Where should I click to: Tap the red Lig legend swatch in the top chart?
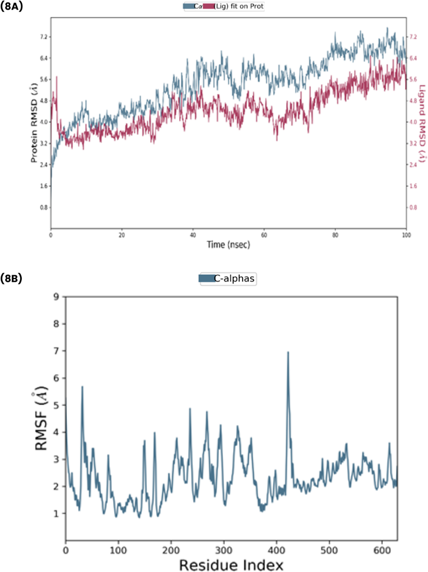pyautogui.click(x=208, y=6)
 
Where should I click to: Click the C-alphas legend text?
pyautogui.click(x=234, y=278)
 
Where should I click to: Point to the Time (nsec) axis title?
pyautogui.click(x=228, y=245)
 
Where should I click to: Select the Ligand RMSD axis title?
pyautogui.click(x=422, y=123)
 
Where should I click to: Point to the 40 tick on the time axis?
pyautogui.click(x=193, y=235)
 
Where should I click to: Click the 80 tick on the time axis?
pyautogui.click(x=335, y=235)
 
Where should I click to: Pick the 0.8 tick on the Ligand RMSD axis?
pyautogui.click(x=413, y=207)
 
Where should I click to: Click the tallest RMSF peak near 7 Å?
pyautogui.click(x=288, y=353)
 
